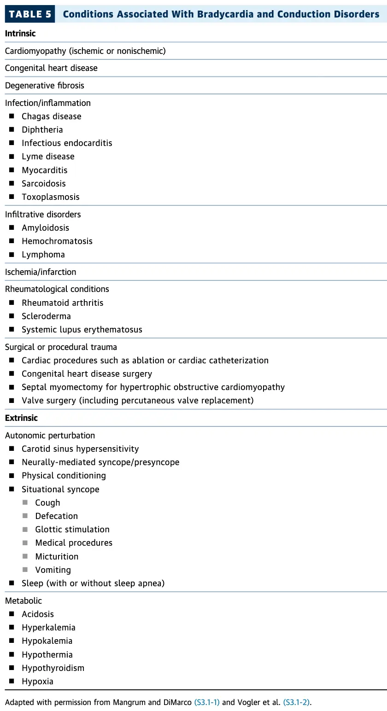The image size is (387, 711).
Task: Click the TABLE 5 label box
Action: [x=30, y=14]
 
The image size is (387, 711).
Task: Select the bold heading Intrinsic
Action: [x=20, y=34]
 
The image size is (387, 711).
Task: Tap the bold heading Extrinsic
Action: [x=21, y=418]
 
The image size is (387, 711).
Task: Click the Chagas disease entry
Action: [x=51, y=117]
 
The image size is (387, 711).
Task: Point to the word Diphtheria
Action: [x=42, y=130]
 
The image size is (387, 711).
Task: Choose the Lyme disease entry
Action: [x=48, y=157]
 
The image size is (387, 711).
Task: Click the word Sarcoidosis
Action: [x=44, y=183]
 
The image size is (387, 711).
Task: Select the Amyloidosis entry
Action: [x=45, y=228]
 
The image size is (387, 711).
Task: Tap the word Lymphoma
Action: [x=43, y=255]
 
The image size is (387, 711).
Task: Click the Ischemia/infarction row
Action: [x=41, y=272]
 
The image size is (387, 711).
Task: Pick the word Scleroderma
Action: [x=46, y=316]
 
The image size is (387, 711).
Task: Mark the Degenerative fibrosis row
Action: [x=45, y=86]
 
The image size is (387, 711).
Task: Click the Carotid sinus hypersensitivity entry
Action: [x=80, y=449]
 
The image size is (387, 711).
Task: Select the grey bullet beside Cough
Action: [x=25, y=503]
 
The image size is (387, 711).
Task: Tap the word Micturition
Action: [x=57, y=557]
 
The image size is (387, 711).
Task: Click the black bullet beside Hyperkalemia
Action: [x=12, y=628]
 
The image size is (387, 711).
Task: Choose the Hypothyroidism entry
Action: [x=53, y=668]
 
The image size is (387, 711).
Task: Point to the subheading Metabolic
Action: [x=23, y=601]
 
